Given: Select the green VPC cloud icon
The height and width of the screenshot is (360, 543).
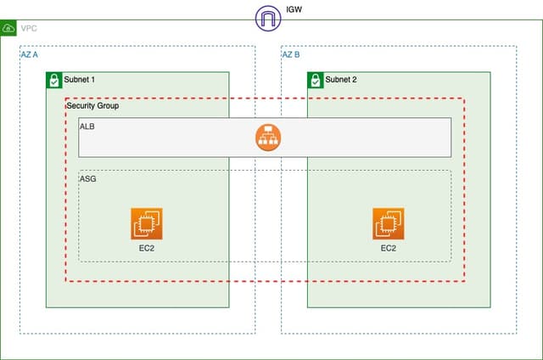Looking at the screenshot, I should coord(8,28).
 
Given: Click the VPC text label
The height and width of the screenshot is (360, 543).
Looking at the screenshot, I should coord(29,29).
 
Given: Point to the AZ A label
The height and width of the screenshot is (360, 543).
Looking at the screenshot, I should coord(30,54).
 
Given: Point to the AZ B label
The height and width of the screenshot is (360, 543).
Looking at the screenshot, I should coord(290,54).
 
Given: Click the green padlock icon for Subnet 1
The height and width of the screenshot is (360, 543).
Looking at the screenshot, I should coord(53,80).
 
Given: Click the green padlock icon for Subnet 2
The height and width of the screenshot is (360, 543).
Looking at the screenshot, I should coord(315,80).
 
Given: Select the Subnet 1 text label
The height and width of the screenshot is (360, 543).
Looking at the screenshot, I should coord(80,80).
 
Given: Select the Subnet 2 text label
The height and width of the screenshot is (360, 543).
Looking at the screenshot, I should coord(341,80).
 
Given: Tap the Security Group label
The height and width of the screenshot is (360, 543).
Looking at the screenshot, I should coord(92,106).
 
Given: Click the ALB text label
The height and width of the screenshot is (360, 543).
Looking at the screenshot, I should coord(87,127).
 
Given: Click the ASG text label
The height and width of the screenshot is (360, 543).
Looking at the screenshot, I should coord(88,180).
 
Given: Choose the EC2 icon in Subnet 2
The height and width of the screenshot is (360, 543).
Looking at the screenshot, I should coord(389,223).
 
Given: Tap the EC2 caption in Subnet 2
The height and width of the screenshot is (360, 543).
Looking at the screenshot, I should coord(389,249).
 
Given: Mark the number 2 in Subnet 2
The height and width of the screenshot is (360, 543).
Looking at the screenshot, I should coord(355,80).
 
